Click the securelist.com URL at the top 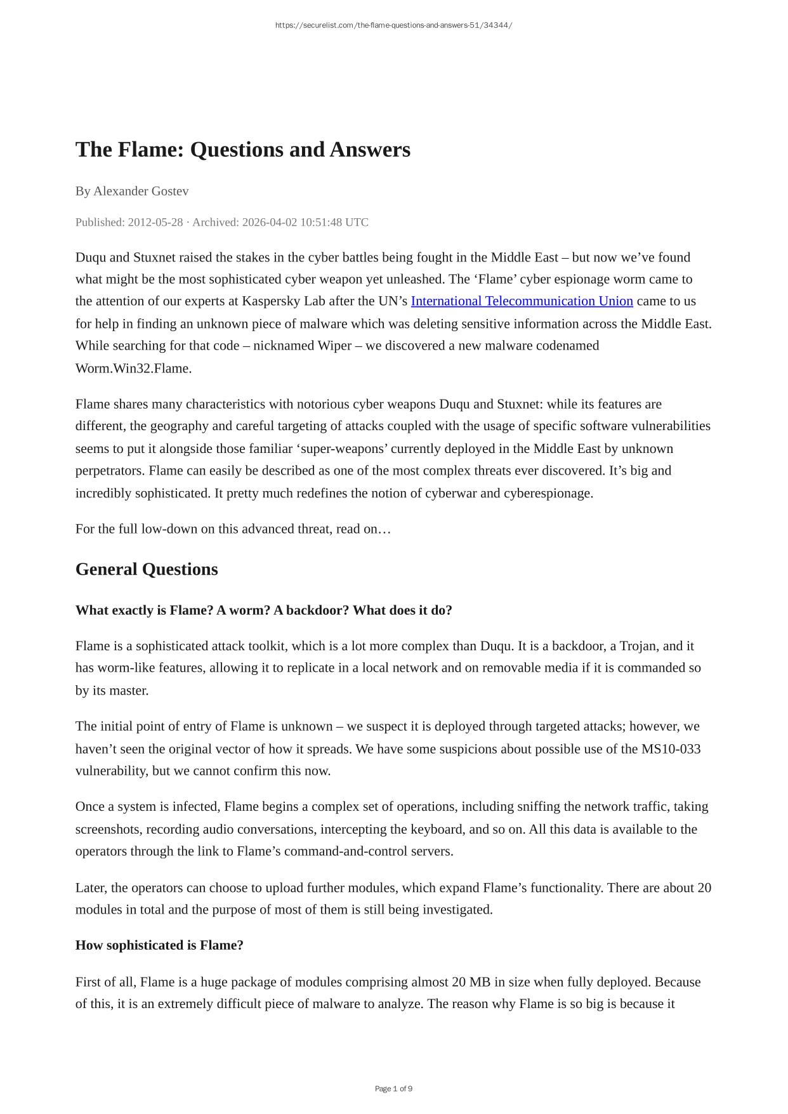(x=393, y=25)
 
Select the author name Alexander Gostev (x=141, y=191)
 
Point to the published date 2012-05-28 (x=155, y=222)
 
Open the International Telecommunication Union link (x=522, y=301)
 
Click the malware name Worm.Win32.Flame (x=133, y=369)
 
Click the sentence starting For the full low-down (x=233, y=529)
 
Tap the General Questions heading (x=147, y=569)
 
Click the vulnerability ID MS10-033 (x=671, y=749)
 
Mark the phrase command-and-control (x=346, y=851)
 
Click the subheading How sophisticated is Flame (x=159, y=945)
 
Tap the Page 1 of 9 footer (x=393, y=1089)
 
